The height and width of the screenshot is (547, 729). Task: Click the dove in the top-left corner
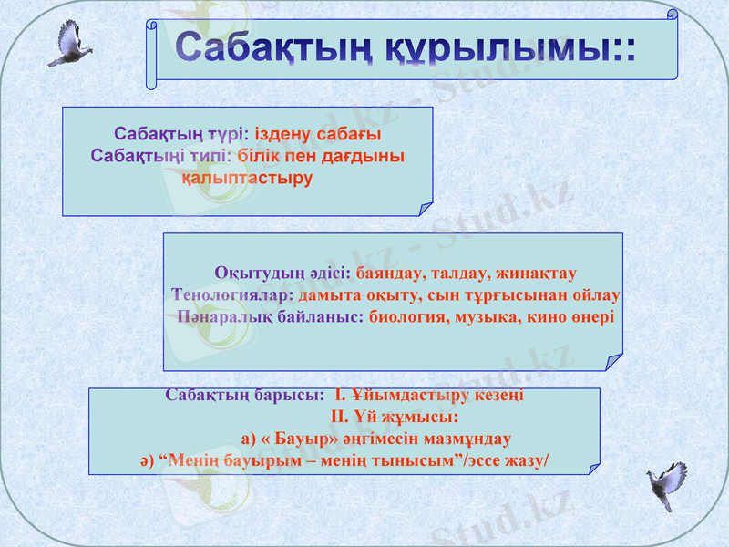click(68, 43)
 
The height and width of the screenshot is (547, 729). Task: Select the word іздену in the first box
click(283, 134)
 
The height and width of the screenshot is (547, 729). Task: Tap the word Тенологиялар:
click(231, 295)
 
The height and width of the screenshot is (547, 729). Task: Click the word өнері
click(592, 317)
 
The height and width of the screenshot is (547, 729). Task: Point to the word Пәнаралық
click(221, 317)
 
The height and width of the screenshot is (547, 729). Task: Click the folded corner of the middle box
click(611, 362)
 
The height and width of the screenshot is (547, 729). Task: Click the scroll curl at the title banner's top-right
click(672, 15)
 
